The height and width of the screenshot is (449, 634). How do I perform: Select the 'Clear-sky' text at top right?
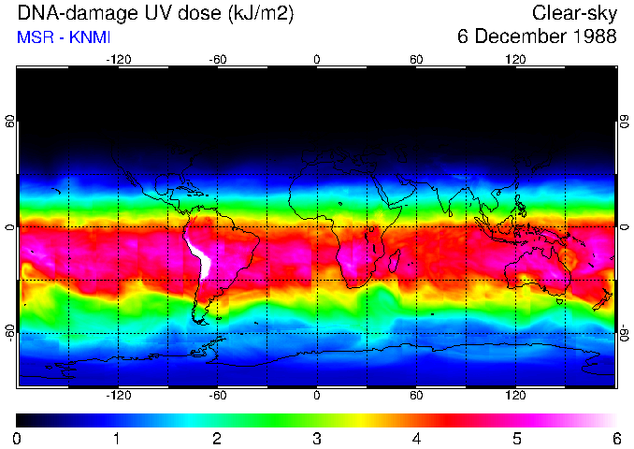[x=574, y=13]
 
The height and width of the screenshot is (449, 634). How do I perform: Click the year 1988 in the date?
[x=591, y=37]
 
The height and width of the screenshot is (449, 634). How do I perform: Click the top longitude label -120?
[x=118, y=59]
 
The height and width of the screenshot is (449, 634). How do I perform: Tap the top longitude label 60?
[x=416, y=59]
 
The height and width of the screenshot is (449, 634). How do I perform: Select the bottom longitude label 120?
[x=516, y=396]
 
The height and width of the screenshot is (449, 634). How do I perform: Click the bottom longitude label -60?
[x=217, y=396]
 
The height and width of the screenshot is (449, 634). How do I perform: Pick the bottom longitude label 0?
[x=317, y=396]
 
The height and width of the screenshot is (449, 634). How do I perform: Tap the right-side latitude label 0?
[x=625, y=227]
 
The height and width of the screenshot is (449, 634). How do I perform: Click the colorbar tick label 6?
[x=616, y=438]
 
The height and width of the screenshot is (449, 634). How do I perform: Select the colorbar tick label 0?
[x=18, y=438]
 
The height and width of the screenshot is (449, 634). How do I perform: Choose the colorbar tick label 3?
[x=317, y=438]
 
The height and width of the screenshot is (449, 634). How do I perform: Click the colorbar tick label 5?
[x=516, y=438]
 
